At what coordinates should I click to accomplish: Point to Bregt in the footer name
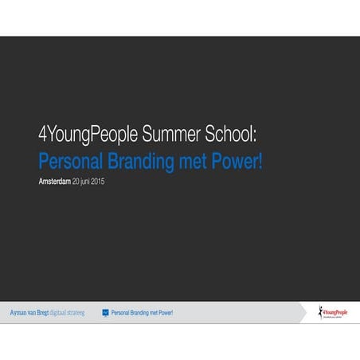click(x=40, y=313)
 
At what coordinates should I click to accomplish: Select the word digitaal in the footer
click(x=59, y=313)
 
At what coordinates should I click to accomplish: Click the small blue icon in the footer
click(x=105, y=313)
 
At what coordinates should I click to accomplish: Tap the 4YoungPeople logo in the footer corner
click(x=332, y=312)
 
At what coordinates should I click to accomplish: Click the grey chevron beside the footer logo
click(x=303, y=312)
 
